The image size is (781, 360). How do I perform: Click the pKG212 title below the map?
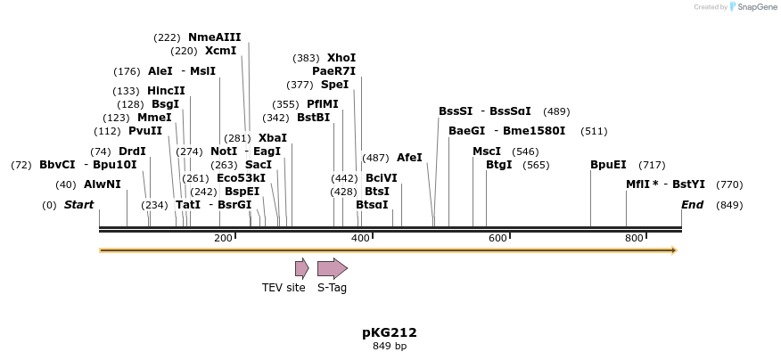point(389,332)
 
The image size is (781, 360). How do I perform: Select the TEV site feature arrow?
point(301,268)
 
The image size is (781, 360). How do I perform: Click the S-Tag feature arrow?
point(332,268)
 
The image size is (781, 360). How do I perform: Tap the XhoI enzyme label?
point(341,58)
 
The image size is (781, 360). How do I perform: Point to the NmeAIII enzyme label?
point(214,37)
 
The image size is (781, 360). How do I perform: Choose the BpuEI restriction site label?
point(608,165)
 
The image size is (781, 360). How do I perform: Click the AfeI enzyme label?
point(409,158)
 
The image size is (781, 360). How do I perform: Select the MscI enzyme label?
point(487,151)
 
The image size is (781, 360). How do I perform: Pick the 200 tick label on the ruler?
point(223,238)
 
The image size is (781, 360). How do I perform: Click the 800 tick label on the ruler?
point(634,238)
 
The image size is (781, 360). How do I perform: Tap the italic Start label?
point(78,205)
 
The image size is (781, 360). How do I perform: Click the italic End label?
point(692,205)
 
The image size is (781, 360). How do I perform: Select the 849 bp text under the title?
point(389,346)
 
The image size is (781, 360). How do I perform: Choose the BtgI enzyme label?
point(499,165)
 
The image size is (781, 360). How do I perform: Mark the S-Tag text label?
point(332,288)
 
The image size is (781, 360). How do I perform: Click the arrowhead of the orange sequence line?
point(674,250)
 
